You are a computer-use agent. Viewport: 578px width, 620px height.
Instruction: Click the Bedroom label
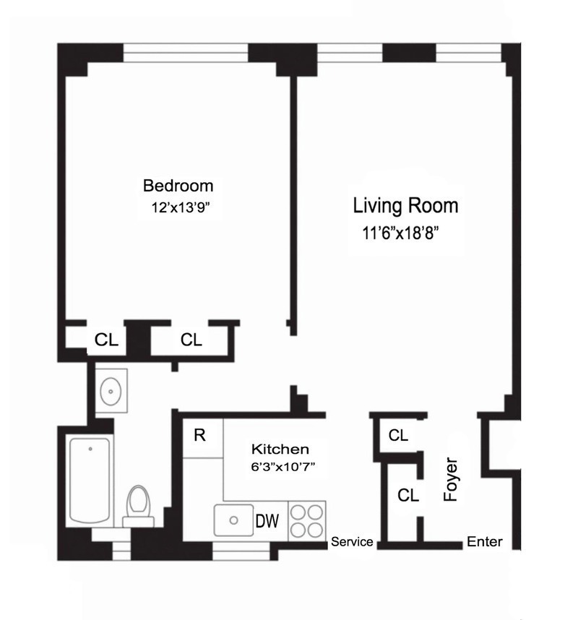178,185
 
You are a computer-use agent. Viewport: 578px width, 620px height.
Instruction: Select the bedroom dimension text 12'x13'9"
180,207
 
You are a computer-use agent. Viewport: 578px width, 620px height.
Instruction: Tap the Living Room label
405,206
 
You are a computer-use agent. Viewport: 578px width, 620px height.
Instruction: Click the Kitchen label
280,449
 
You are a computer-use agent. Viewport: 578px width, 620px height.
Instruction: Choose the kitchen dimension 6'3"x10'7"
282,467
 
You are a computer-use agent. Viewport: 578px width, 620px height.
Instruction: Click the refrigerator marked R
200,436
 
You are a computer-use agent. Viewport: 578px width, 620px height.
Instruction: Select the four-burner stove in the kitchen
306,520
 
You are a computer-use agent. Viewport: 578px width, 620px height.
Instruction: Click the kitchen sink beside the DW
233,520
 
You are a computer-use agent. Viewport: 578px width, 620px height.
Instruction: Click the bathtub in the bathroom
90,481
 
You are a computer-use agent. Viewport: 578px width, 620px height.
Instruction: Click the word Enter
484,542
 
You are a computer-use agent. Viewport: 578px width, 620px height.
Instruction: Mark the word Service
352,542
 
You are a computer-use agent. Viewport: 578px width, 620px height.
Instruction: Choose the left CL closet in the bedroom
107,340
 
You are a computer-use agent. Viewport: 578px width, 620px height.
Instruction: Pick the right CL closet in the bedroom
191,340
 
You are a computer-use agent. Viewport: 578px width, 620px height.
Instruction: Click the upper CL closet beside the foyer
398,436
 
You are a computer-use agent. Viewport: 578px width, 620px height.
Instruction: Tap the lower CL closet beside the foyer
408,496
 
